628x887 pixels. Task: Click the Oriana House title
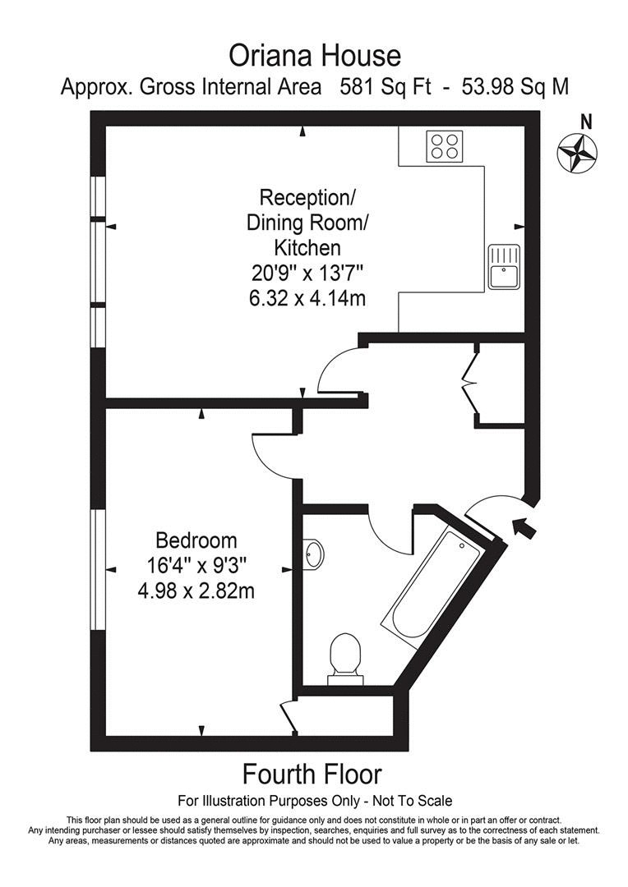[x=314, y=56]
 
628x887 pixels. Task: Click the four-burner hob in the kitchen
[x=445, y=145]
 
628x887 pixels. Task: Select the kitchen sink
[x=503, y=267]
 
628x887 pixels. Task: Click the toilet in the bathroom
[x=345, y=655]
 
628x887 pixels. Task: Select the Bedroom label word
[x=196, y=540]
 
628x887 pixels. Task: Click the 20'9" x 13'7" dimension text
[x=307, y=273]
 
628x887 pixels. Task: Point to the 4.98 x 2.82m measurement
[x=196, y=591]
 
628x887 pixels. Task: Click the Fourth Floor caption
[x=312, y=774]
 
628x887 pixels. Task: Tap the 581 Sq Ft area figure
[x=386, y=87]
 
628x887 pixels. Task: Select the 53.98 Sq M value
[x=516, y=87]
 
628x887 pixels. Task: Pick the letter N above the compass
[x=587, y=122]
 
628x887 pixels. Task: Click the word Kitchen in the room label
[x=307, y=248]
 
